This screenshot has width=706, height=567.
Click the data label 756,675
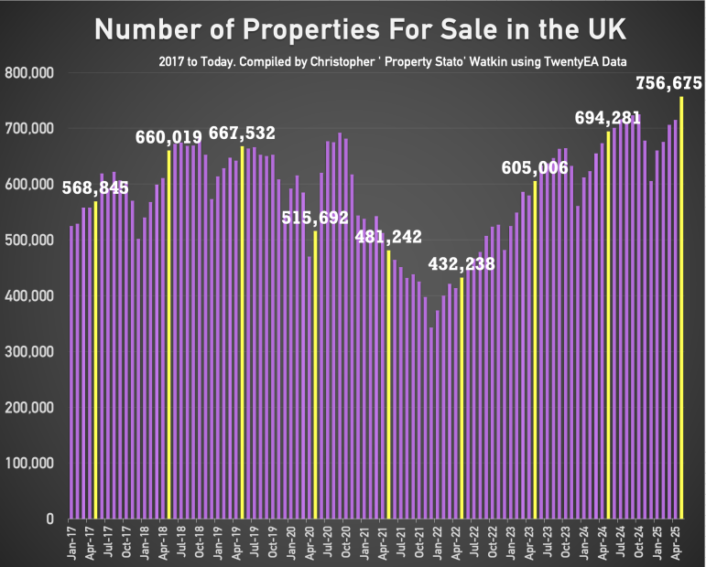tap(668, 83)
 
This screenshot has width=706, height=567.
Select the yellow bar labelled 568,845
tap(95, 360)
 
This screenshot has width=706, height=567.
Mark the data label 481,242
tap(388, 237)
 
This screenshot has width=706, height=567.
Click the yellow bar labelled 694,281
tap(609, 325)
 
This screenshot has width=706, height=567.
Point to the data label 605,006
tap(535, 167)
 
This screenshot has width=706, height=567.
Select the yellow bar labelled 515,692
tap(315, 375)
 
